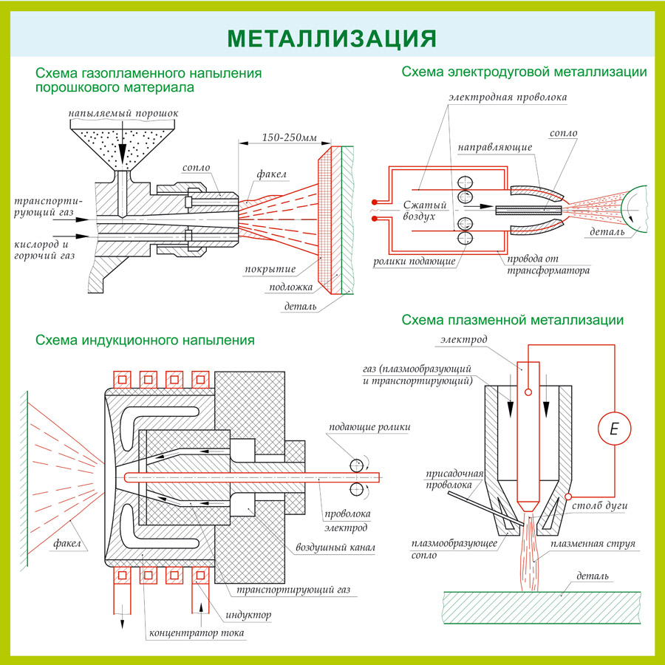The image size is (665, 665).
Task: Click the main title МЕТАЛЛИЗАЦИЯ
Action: [332, 38]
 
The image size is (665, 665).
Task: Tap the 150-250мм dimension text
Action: [289, 138]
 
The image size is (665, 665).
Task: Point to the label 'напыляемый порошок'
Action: [123, 114]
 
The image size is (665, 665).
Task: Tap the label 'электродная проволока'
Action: [508, 98]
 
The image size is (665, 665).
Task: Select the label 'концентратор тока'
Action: [197, 633]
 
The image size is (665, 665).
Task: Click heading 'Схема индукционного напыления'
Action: [145, 341]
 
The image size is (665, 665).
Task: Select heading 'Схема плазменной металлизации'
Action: [512, 320]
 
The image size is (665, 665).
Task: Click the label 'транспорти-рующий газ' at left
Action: [47, 206]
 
